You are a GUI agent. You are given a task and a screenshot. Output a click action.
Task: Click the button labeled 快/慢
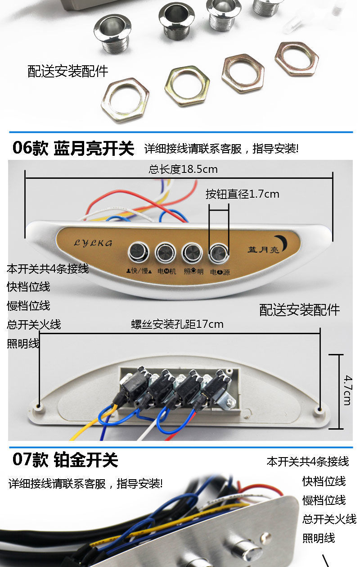pyautogui.click(x=138, y=252)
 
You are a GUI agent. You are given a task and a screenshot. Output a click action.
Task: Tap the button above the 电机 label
pyautogui.click(x=165, y=252)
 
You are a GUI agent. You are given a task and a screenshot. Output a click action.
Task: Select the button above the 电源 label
pyautogui.click(x=219, y=252)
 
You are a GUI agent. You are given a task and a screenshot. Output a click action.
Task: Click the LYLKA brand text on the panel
pyautogui.click(x=93, y=243)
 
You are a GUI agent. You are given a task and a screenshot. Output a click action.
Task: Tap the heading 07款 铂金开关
pyautogui.click(x=65, y=460)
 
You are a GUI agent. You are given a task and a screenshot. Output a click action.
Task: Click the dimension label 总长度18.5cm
pyautogui.click(x=183, y=170)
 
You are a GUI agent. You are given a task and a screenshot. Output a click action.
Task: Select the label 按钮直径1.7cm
pyautogui.click(x=243, y=194)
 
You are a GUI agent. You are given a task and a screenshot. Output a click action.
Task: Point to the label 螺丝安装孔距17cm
pyautogui.click(x=177, y=324)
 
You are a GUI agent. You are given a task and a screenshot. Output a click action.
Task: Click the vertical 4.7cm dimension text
pyautogui.click(x=347, y=390)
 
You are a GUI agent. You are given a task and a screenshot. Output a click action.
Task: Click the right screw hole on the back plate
pyautogui.click(x=319, y=410)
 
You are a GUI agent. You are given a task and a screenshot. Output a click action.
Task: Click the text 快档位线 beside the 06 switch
pyautogui.click(x=28, y=287)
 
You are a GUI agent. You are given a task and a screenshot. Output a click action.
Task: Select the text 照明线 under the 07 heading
pyautogui.click(x=319, y=538)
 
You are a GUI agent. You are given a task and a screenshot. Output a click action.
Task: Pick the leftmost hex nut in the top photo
pyautogui.click(x=125, y=100)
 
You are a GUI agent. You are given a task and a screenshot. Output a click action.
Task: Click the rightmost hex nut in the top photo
pyautogui.click(x=297, y=59)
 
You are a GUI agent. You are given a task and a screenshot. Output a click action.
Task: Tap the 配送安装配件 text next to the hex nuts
pyautogui.click(x=68, y=71)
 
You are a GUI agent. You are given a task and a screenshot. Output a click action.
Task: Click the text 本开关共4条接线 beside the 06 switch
pyautogui.click(x=48, y=269)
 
